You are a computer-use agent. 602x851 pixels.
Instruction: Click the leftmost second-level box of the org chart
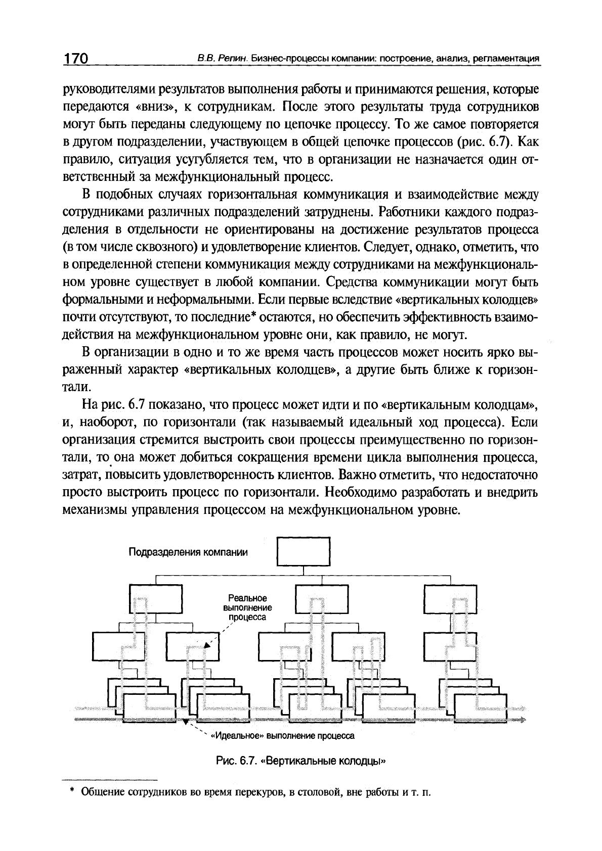coord(156,599)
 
